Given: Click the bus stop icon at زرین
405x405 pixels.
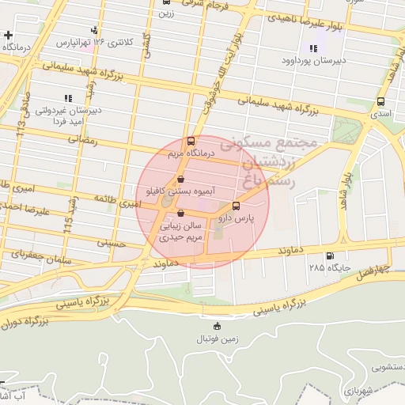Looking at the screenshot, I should point(165,2).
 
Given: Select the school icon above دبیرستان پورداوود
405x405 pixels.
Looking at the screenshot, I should point(312,48).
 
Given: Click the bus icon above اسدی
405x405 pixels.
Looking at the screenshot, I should point(381,102).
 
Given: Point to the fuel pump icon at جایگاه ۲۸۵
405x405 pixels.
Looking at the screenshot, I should point(330,255).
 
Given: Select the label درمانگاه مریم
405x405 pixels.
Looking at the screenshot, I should point(188,156).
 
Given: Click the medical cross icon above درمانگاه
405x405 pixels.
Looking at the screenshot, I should point(8,36).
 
